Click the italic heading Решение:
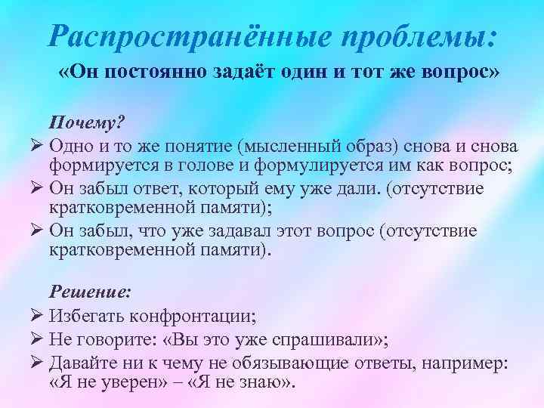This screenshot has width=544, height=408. [90, 289]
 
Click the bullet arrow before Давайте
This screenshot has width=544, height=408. [40, 361]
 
